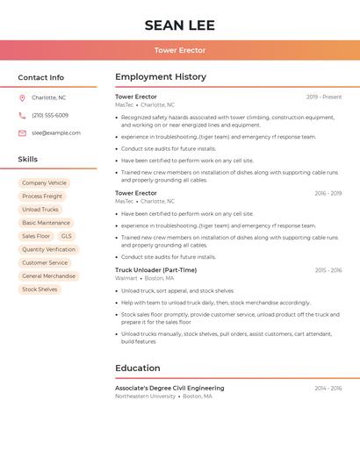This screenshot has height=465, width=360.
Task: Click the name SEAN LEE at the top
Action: pos(179,25)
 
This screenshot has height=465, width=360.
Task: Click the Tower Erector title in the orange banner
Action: pos(179,50)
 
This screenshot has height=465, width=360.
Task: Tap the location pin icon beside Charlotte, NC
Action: pos(22,97)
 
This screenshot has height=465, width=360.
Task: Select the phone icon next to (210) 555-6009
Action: pos(22,115)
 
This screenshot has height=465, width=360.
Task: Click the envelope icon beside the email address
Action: pos(22,133)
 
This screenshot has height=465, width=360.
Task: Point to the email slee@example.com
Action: pos(56,133)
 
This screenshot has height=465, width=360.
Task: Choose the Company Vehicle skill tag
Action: pos(44,182)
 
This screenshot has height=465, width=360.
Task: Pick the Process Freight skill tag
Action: pos(42,197)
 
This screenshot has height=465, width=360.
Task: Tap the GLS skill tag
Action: pos(67,236)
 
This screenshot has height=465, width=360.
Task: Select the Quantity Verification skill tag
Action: pos(48,249)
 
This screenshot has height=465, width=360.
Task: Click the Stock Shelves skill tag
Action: pos(40,290)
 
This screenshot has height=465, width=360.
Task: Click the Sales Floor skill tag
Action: pos(36,236)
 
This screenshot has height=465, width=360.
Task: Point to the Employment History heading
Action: pos(161,76)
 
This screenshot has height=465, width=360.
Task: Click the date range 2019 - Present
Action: pos(324,97)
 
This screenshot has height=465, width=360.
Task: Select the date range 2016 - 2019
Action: pos(328,193)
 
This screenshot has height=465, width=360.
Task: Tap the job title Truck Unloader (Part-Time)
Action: pos(155,270)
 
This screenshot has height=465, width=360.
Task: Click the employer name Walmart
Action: pos(126,278)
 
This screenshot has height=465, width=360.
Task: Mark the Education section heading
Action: pos(138,368)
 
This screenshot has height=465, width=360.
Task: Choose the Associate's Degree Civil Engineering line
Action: pos(169,388)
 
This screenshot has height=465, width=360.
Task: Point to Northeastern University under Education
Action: pos(145,396)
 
